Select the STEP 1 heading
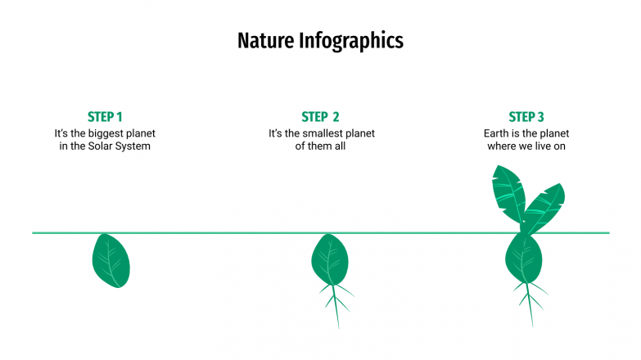pos(105,117)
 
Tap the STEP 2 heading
pos(320,117)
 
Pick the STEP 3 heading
pos(526,117)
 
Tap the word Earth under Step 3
pos(499,133)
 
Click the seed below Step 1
pos(111,260)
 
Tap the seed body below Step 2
pos(329,259)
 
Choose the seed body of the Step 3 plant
pos(524,259)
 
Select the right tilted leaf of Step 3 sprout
pos(544,209)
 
